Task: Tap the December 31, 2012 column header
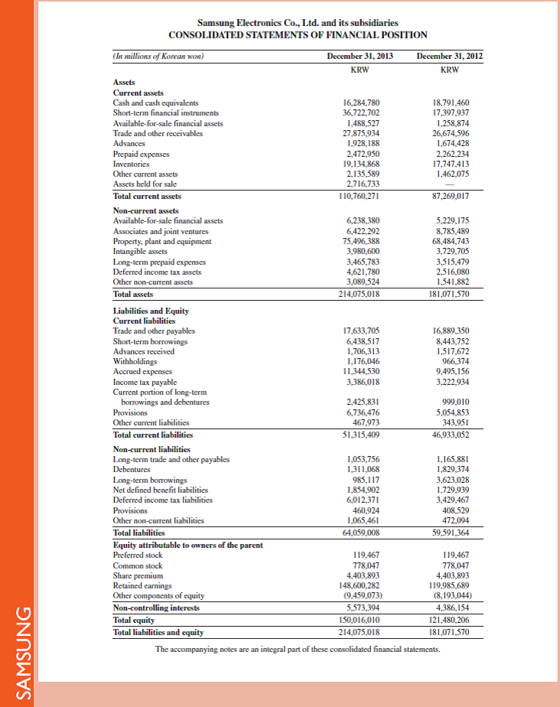click(450, 56)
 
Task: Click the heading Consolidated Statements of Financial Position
click(298, 35)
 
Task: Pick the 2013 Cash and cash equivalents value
click(363, 102)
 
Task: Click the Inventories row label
click(132, 163)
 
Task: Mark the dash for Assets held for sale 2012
click(457, 184)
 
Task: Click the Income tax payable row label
click(145, 382)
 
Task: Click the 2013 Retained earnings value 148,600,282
click(362, 585)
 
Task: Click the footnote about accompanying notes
click(298, 649)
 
